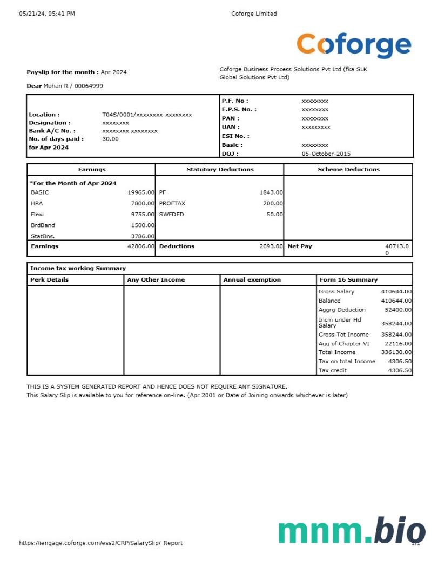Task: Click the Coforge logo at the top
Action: [354, 45]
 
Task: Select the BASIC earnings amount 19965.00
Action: [141, 192]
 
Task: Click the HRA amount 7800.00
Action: [143, 203]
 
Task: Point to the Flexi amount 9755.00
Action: [143, 214]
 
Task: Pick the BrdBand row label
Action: [43, 225]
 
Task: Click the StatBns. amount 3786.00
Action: [143, 236]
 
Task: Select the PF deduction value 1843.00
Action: [271, 192]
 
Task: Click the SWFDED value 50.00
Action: [274, 214]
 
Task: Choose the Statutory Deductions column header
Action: [220, 170]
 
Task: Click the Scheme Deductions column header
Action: [348, 170]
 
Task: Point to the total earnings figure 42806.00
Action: [141, 246]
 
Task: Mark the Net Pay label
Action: [300, 246]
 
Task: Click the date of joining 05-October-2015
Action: [326, 154]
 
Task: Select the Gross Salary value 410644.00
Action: [396, 292]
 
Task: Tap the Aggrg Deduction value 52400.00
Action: [397, 310]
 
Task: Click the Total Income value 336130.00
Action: [396, 352]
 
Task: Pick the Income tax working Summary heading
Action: [78, 269]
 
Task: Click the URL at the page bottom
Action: [100, 543]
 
